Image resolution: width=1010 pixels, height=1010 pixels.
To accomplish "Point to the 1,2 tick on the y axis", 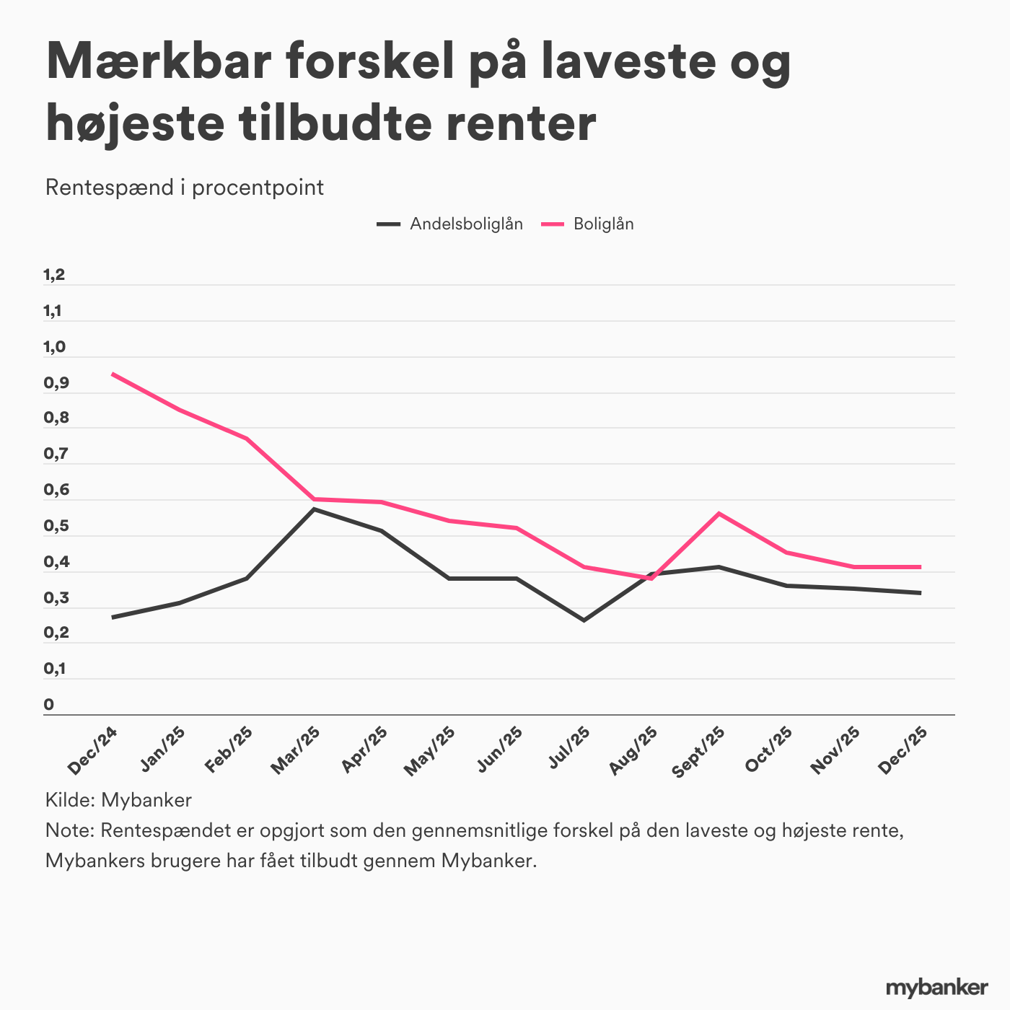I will (55, 275).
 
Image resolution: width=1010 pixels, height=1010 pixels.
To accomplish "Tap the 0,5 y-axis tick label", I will (55, 527).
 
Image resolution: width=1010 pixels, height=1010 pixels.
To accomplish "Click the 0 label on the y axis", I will (49, 704).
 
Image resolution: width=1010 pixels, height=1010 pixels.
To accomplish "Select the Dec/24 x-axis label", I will (92, 750).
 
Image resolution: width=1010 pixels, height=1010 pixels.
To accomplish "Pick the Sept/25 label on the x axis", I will (698, 752).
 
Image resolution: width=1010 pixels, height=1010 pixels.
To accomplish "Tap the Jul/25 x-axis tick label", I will (569, 750).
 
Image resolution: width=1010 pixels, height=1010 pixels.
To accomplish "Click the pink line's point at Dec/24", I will (113, 374).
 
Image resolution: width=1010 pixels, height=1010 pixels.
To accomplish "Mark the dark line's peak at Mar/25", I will (314, 509).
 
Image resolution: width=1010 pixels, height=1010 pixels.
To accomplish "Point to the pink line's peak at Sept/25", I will (719, 513).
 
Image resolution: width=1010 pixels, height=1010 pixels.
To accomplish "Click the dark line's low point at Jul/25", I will (584, 620).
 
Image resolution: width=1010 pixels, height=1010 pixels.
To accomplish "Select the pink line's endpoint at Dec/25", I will (920, 567).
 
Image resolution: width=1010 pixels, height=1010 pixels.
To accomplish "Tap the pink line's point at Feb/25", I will (247, 439).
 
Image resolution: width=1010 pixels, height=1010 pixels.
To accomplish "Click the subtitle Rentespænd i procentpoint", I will (185, 188).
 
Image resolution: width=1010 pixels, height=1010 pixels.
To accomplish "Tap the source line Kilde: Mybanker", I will (118, 799).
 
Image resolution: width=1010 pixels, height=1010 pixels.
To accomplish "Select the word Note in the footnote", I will (69, 830).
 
